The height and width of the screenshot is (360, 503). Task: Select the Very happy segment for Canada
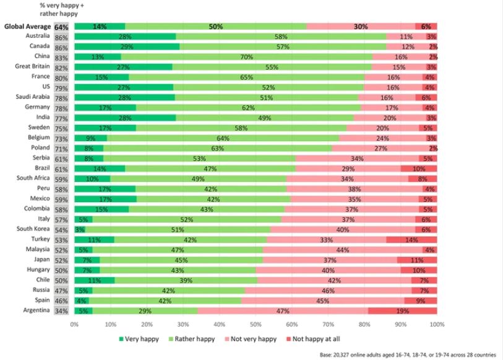pos(126,46)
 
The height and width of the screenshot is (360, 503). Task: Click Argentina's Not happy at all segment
pos(402,311)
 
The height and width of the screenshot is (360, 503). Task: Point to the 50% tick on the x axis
pos(256,324)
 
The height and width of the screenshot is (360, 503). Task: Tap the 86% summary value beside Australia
pos(61,37)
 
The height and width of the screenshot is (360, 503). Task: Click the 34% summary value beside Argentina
pos(61,311)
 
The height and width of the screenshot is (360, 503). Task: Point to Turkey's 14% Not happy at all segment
pos(411,239)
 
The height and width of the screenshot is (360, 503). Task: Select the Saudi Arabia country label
pos(32,96)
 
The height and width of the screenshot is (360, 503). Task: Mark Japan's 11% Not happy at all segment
pos(417,260)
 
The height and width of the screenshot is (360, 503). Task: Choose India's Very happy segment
pos(125,117)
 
